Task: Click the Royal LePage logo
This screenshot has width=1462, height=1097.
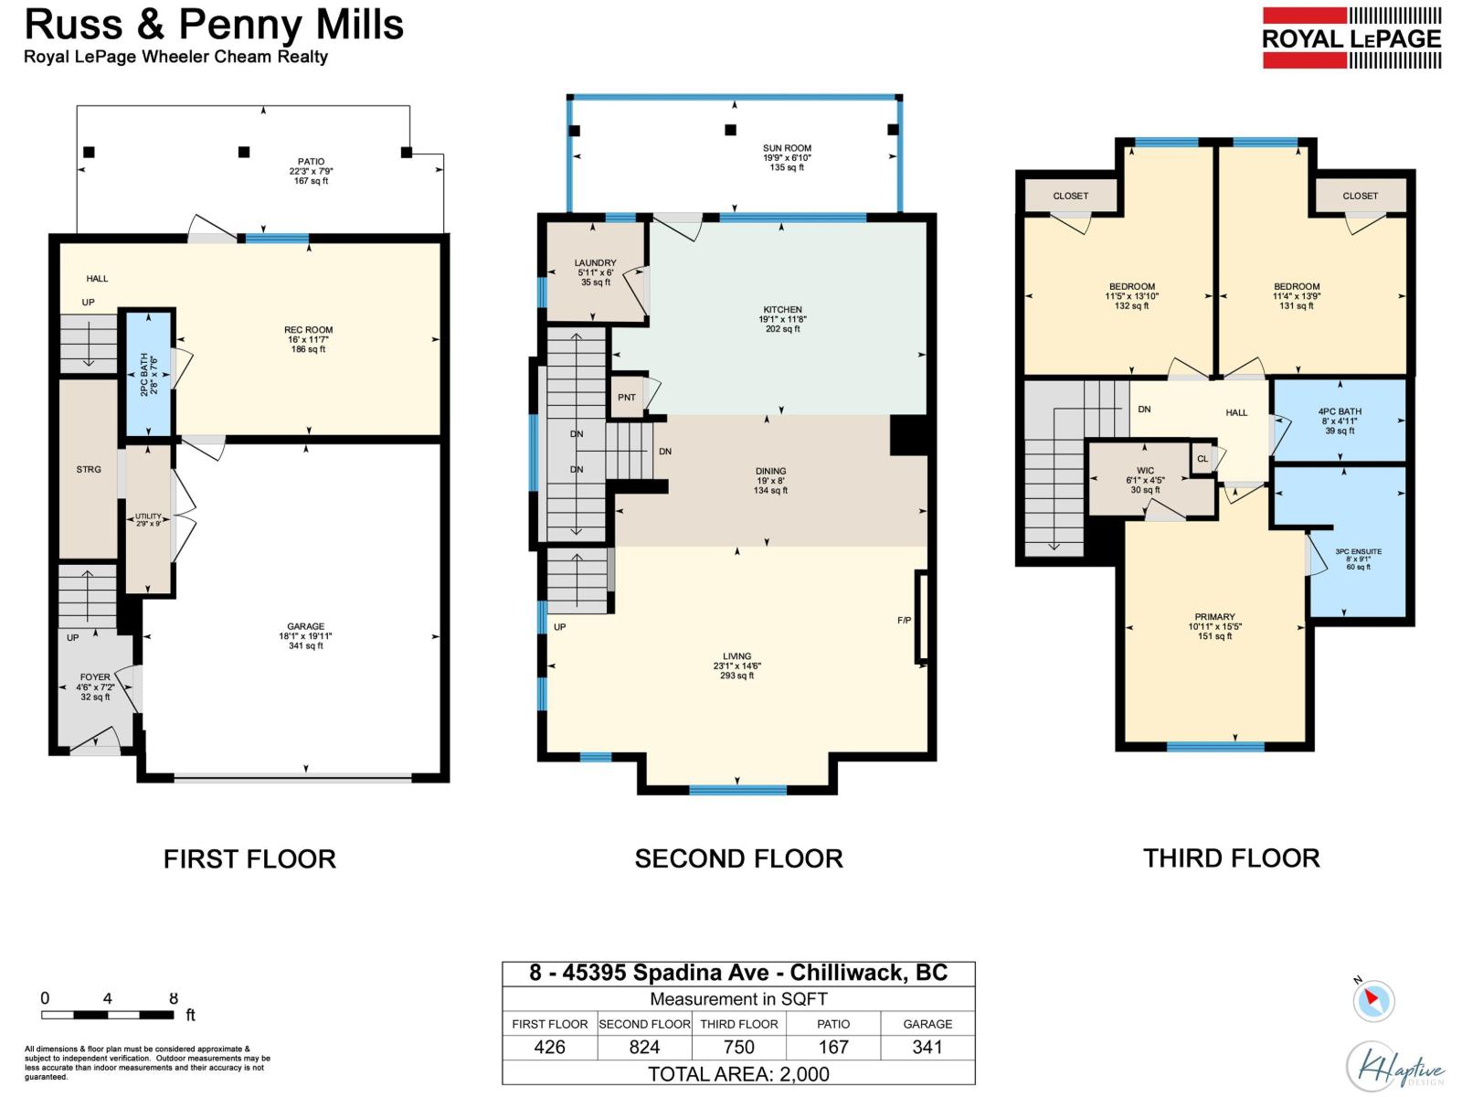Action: (x=1351, y=38)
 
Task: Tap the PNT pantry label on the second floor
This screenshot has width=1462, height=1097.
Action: (x=627, y=398)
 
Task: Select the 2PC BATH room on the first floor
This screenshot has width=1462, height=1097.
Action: (x=148, y=374)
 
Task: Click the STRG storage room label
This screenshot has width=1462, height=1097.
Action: (x=89, y=469)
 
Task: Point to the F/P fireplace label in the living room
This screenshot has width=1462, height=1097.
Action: (x=904, y=621)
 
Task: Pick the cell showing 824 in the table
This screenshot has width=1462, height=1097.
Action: (x=644, y=1047)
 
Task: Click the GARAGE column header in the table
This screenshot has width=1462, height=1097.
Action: (x=927, y=1024)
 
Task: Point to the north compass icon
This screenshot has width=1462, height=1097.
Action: (x=1372, y=1001)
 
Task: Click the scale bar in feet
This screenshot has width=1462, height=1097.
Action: (x=107, y=1015)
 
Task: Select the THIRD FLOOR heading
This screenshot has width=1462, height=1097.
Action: (x=1231, y=858)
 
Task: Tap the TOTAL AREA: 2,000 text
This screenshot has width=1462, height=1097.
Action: (x=738, y=1074)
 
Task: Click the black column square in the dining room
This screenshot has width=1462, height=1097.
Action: (x=908, y=435)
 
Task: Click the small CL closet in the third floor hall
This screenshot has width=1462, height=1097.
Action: (x=1202, y=459)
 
